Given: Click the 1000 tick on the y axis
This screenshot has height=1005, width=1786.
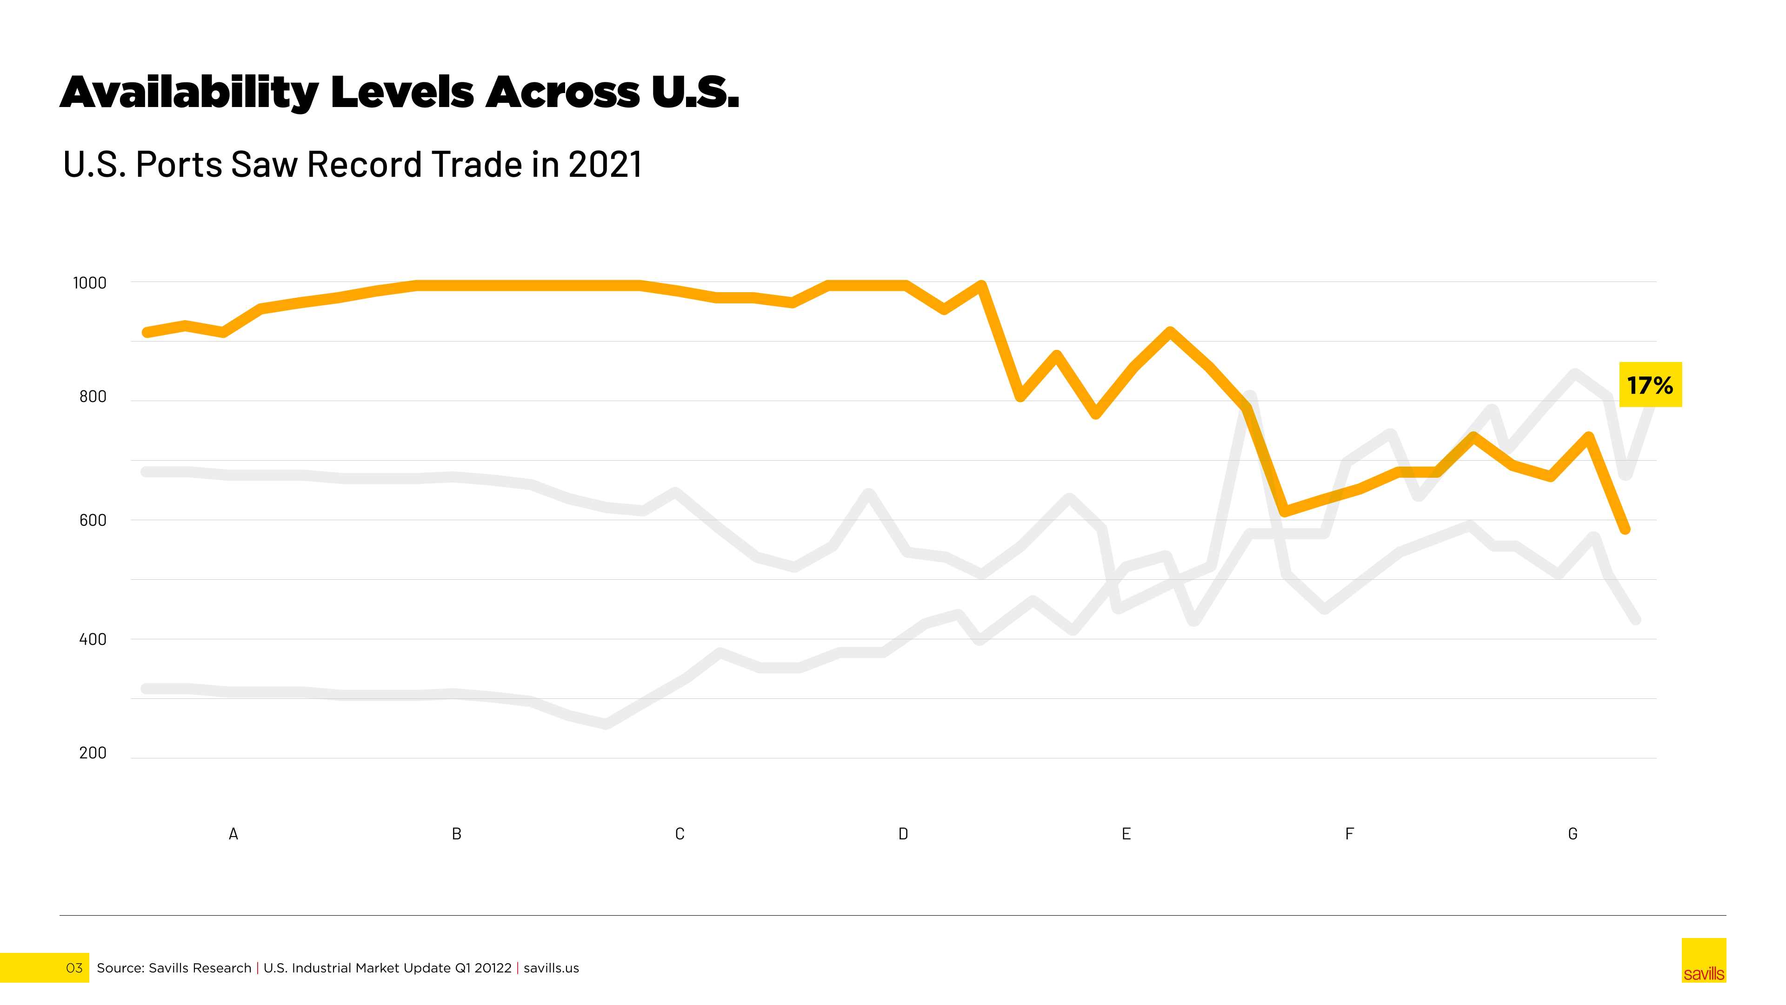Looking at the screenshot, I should pos(89,283).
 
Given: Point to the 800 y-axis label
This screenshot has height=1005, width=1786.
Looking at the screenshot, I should pos(93,397).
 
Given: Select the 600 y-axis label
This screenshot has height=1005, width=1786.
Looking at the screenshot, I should pos(93,520).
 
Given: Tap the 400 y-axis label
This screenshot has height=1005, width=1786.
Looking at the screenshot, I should pos(93,639).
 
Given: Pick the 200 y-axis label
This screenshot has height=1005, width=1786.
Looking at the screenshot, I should pos(93,753).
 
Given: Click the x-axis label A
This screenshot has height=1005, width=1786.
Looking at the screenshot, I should pos(233,834).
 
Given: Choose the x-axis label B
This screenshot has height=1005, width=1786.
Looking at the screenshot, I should pos(457,834).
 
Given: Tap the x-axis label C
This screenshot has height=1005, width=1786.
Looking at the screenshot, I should pos(680,834).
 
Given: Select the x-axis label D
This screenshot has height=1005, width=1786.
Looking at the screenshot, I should pos(903,834).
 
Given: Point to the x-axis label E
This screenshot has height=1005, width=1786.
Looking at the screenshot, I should pos(1126,834).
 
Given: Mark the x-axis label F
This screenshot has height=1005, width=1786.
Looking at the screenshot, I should pos(1349,834).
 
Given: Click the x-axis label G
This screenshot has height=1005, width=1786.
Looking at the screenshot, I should pos(1573,834).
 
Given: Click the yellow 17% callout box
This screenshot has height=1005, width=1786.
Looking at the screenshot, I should pos(1650,385).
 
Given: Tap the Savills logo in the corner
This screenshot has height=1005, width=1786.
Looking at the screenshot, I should pos(1704,961).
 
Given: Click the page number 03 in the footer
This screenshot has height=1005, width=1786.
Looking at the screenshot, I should pos(74,968).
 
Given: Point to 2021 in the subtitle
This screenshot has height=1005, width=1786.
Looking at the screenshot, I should pos(605,165).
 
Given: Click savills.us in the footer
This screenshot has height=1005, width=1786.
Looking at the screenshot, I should pos(551,968).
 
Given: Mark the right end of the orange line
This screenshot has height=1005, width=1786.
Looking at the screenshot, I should pos(1625,529).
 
